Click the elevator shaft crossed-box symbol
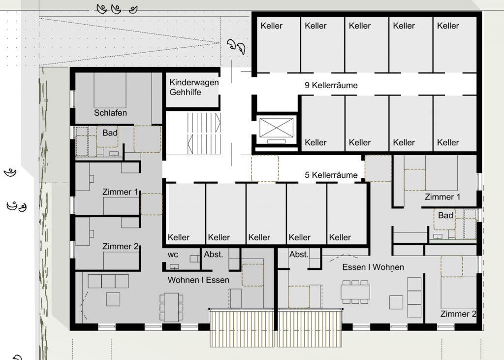pyautogui.click(x=277, y=128)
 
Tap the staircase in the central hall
pyautogui.click(x=204, y=133)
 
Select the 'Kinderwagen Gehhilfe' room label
pyautogui.click(x=194, y=87)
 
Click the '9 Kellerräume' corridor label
pyautogui.click(x=331, y=85)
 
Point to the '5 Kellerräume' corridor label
pyautogui.click(x=331, y=175)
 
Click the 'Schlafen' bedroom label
pyautogui.click(x=110, y=113)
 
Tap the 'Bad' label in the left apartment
pyautogui.click(x=110, y=133)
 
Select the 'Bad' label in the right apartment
pyautogui.click(x=445, y=216)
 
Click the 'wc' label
pyautogui.click(x=173, y=255)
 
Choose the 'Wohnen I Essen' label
pyautogui.click(x=198, y=280)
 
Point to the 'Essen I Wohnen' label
pyautogui.click(x=373, y=267)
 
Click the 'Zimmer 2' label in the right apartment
pyautogui.click(x=458, y=314)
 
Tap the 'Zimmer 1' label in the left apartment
pyautogui.click(x=120, y=192)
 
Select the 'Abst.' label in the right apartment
pyautogui.click(x=299, y=255)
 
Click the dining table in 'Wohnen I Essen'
pyautogui.click(x=171, y=307)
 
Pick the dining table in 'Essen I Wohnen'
pyautogui.click(x=355, y=292)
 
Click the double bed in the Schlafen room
pyautogui.click(x=110, y=90)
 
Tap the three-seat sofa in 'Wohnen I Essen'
pyautogui.click(x=108, y=281)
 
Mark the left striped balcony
pyautogui.click(x=242, y=328)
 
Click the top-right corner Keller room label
pyautogui.click(x=448, y=26)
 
